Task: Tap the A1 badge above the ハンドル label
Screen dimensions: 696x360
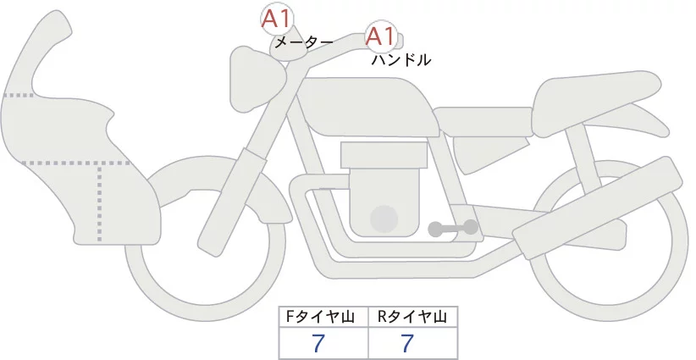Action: coord(380,36)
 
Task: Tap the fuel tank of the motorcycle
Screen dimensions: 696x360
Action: coord(373,106)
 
